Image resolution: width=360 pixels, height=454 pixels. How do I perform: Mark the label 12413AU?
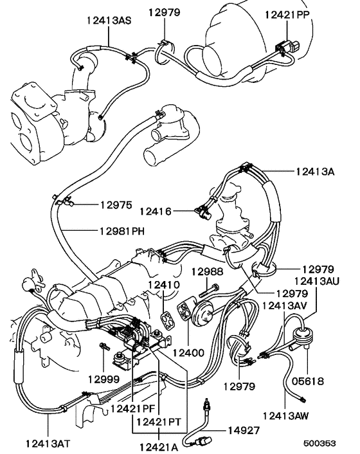pos(317,281)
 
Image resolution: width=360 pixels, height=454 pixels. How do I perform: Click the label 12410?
pos(164,283)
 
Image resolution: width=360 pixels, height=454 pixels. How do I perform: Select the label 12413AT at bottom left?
pos(50,443)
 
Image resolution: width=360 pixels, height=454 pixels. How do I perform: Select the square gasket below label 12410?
pos(169,318)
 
